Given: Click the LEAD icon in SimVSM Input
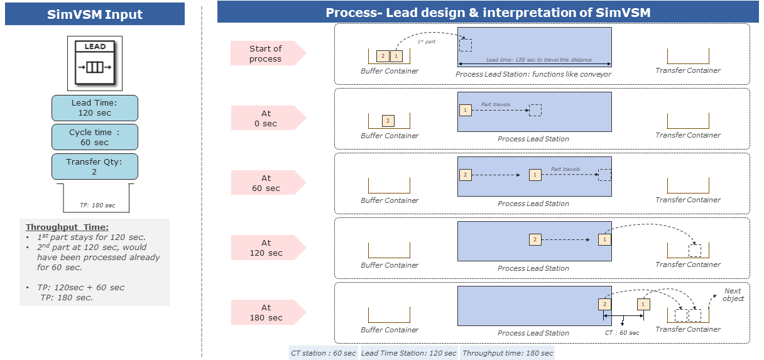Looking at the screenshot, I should [95, 63].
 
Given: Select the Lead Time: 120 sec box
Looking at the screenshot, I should [95, 108].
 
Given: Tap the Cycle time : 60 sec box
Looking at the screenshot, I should [95, 137].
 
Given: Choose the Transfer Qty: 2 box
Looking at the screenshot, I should [95, 166].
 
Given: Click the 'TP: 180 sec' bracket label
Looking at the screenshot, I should [97, 205].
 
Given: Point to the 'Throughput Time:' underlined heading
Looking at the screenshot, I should [67, 227].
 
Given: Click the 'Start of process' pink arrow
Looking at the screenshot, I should [267, 53].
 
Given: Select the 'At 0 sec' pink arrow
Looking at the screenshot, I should [267, 118].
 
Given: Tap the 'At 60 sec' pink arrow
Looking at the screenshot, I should [267, 183].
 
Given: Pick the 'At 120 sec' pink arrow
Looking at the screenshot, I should [267, 248].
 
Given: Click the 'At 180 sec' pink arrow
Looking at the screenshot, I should [267, 312].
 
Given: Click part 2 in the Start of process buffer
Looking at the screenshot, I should [382, 57].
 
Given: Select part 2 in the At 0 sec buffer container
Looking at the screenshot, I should [388, 121].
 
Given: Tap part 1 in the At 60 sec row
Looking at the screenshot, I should [535, 175].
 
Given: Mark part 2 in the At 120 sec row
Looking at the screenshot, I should [535, 239].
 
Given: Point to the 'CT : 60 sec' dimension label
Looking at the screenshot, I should [622, 332].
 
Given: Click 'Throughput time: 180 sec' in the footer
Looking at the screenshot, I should [508, 353].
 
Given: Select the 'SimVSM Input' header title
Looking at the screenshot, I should [95, 14].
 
